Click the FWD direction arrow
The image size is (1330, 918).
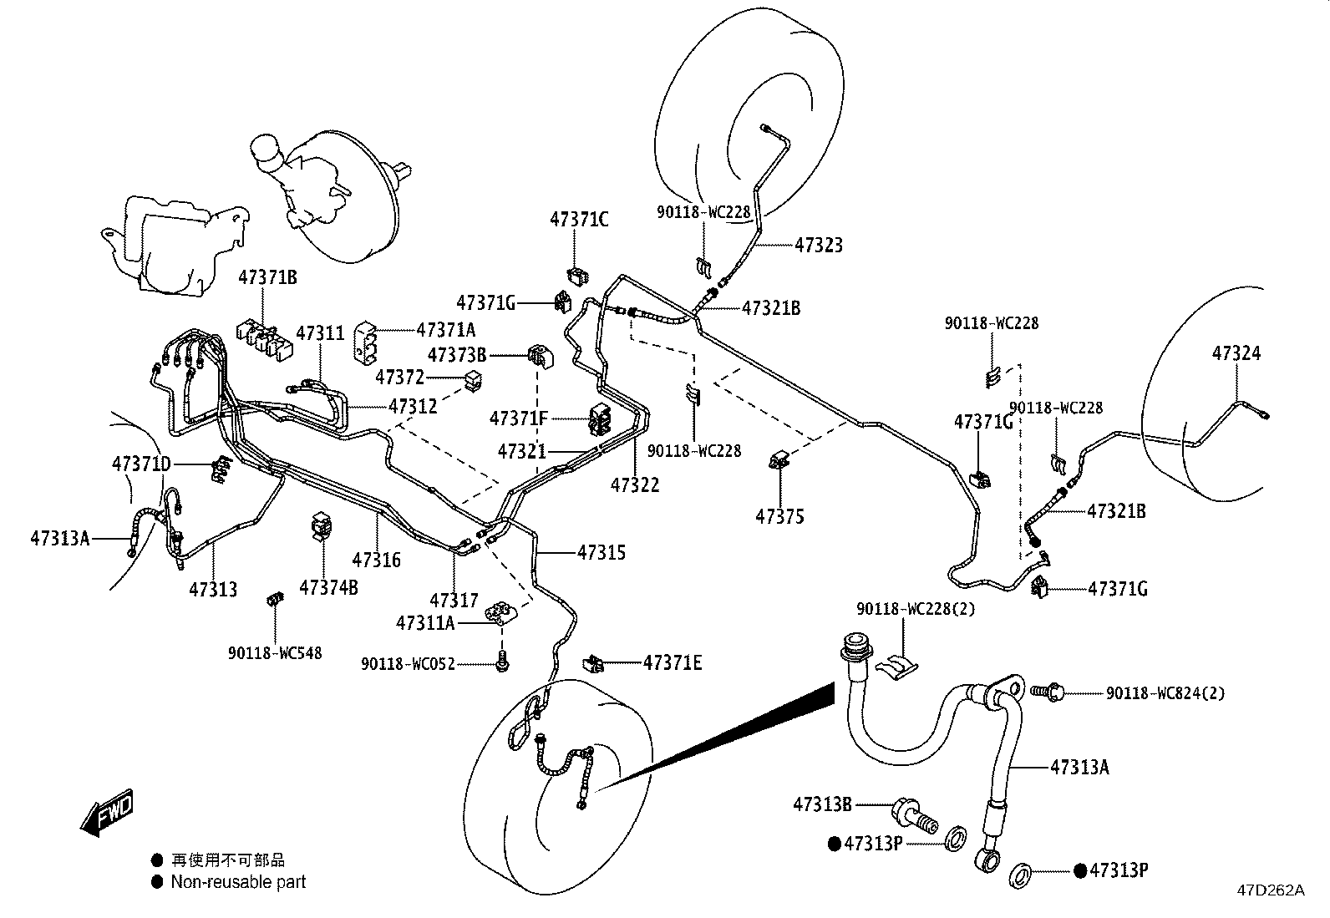[108, 812]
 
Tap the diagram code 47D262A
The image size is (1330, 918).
[1271, 890]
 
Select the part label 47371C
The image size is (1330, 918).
[579, 220]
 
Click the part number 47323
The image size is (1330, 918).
[819, 246]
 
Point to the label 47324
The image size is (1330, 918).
[1236, 353]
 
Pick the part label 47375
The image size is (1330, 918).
[779, 516]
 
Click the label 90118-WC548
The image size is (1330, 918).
[275, 653]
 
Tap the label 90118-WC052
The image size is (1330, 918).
[408, 664]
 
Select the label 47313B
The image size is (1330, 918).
[822, 804]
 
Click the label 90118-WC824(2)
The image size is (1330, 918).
[1165, 693]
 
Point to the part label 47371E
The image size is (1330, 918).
[673, 662]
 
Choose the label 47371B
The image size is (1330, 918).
[268, 277]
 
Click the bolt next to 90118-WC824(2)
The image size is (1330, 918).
[1047, 692]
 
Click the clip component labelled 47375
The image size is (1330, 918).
[779, 460]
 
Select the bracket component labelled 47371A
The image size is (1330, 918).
[366, 342]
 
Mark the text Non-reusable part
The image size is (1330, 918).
[238, 882]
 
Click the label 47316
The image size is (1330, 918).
[377, 560]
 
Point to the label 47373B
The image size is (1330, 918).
[457, 355]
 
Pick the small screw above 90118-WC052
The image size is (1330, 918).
[502, 660]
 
